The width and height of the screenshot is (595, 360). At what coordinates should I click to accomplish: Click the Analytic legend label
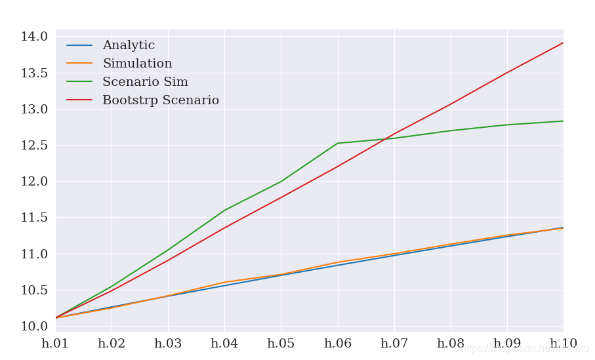[x=129, y=46]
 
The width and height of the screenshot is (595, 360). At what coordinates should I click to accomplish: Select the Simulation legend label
[x=137, y=64]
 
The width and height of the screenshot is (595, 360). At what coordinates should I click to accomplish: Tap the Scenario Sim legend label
[x=145, y=83]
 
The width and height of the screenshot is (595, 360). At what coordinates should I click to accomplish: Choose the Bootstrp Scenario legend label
[x=161, y=101]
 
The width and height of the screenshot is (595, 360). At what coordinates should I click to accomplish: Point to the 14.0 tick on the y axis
[x=34, y=37]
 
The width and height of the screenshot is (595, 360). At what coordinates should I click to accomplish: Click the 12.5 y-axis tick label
[x=34, y=146]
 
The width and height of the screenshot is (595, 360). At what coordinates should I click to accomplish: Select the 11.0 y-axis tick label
[x=34, y=254]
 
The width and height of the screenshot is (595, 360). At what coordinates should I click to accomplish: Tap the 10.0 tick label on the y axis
[x=34, y=327]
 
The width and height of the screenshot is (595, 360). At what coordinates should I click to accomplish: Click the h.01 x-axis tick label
[x=55, y=344]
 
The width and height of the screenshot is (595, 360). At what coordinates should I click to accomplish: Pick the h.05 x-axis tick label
[x=281, y=344]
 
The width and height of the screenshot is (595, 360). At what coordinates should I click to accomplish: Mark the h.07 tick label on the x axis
[x=394, y=344]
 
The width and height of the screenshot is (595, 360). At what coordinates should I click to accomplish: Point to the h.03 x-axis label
[x=168, y=344]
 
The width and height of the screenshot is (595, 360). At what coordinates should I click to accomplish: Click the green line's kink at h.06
[x=337, y=143]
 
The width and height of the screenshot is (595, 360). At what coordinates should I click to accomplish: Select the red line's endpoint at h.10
[x=563, y=43]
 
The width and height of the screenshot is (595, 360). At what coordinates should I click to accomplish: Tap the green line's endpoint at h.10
[x=563, y=121]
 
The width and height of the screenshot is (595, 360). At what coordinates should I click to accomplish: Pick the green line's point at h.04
[x=224, y=210]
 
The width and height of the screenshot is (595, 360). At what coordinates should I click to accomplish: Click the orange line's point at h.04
[x=224, y=282]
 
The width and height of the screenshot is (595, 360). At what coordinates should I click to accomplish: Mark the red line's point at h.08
[x=450, y=104]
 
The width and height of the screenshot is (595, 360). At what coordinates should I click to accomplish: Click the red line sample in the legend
[x=79, y=101]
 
